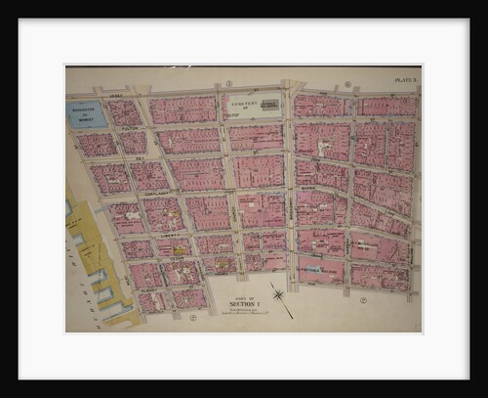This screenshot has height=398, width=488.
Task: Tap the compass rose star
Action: coord(279,294)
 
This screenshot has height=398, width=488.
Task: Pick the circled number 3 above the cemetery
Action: coord(228,84)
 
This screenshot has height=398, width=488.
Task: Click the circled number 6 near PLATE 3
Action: coord(347,84)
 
